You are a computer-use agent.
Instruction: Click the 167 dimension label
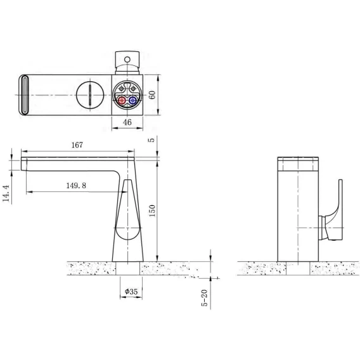click(77, 145)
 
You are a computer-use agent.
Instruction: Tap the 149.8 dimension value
click(76, 185)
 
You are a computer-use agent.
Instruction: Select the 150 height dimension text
click(152, 211)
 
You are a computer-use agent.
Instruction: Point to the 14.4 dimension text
click(6, 193)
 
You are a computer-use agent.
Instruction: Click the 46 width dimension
click(127, 122)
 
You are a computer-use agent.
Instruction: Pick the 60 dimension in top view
click(152, 95)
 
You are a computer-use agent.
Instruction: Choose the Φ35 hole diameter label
click(131, 292)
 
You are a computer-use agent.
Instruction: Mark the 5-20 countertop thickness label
click(204, 298)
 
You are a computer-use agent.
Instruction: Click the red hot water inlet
click(122, 100)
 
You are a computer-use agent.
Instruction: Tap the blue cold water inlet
click(132, 100)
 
